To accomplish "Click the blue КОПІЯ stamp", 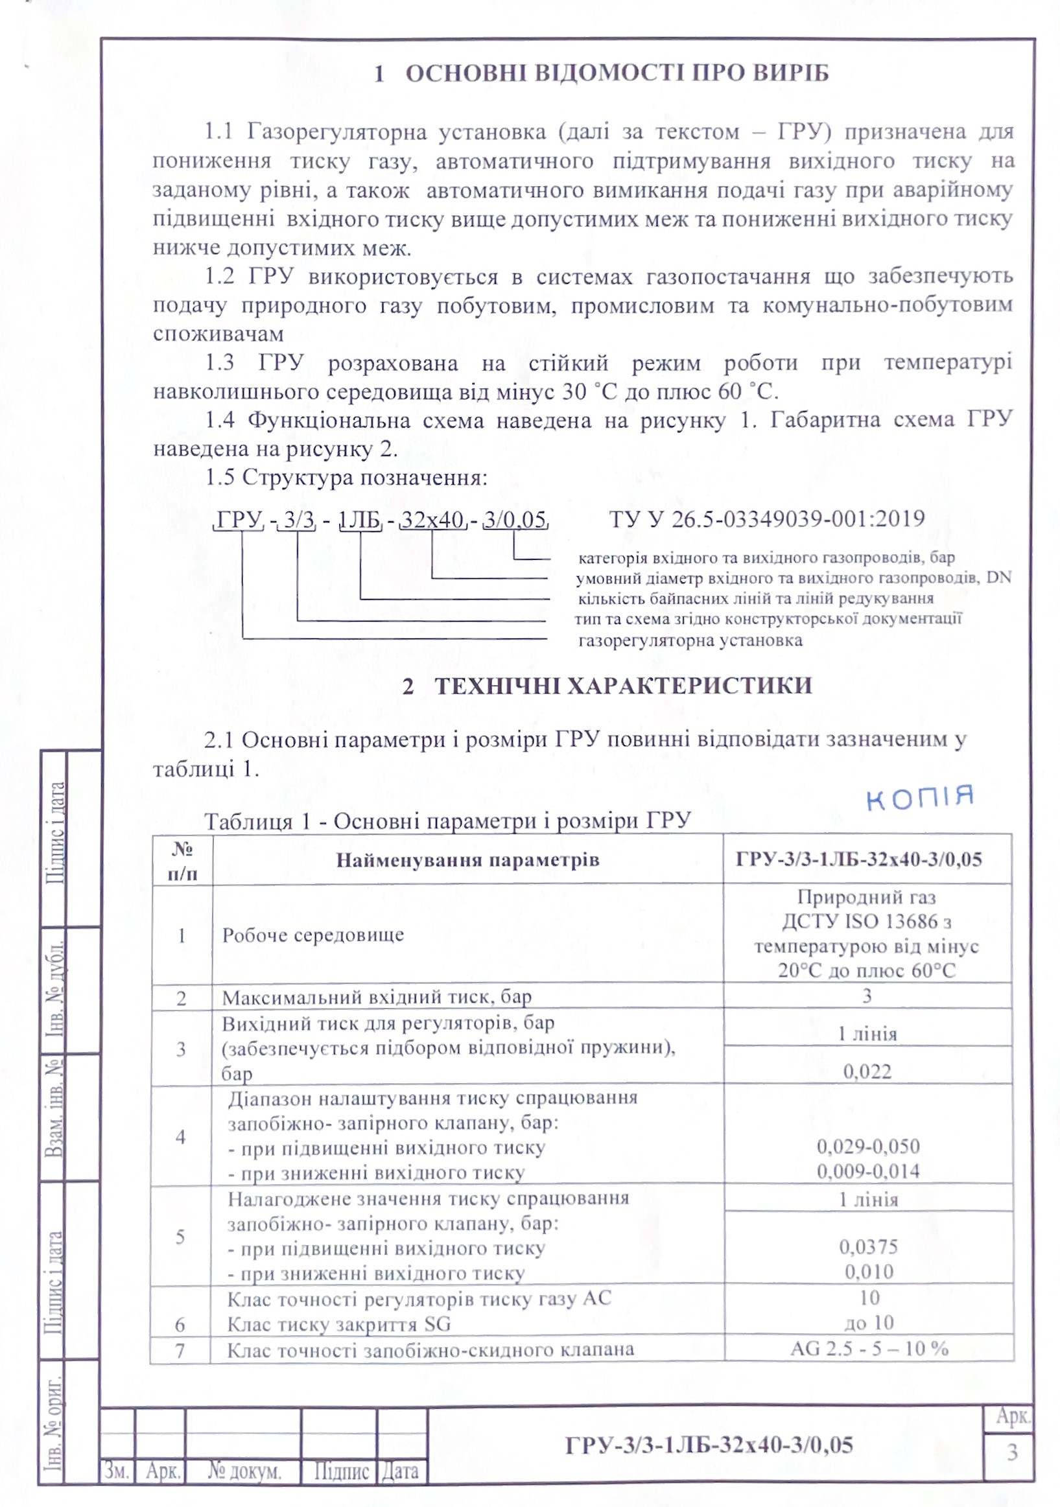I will (x=919, y=797).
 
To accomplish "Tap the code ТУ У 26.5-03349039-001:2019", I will (x=766, y=519).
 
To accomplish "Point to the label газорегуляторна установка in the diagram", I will (x=690, y=640).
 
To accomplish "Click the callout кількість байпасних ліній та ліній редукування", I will (x=755, y=599).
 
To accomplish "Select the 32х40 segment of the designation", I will (x=432, y=520).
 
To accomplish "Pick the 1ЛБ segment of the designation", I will (x=359, y=520).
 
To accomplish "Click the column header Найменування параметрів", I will (x=467, y=860).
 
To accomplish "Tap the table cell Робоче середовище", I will (x=312, y=935).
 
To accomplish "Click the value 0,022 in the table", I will (x=867, y=1071).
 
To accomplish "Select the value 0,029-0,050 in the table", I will (x=867, y=1146).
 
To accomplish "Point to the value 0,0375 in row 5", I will (x=867, y=1246).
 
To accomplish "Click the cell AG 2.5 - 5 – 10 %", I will (x=869, y=1348).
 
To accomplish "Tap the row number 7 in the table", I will (x=180, y=1350).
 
